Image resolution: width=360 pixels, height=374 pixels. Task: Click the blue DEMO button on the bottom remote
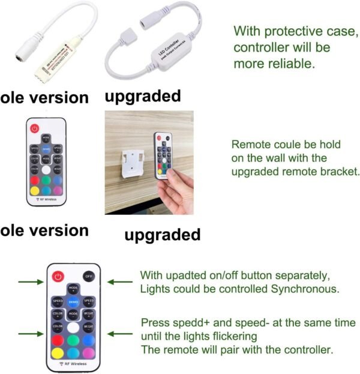click(73, 302)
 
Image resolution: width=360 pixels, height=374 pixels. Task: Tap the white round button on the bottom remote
click(73, 328)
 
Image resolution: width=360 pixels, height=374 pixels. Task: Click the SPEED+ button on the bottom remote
click(89, 302)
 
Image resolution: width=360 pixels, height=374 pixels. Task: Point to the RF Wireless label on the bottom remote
click(74, 364)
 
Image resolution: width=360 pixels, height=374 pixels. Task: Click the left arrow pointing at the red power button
click(30, 280)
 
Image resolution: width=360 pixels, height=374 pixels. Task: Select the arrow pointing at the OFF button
click(119, 280)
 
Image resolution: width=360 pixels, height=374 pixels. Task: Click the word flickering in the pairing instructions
click(230, 336)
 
